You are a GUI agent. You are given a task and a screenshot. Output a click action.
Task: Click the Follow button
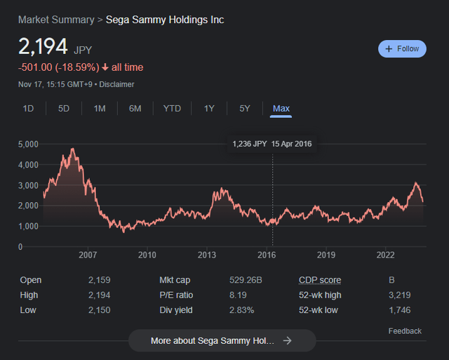click(x=402, y=48)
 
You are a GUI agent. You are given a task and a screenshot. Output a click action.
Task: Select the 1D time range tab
click(x=28, y=108)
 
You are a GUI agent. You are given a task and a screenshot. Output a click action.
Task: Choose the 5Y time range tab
click(x=244, y=108)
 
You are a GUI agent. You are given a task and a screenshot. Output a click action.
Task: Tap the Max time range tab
click(x=281, y=108)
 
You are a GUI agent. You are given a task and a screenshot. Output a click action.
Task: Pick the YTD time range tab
click(x=172, y=108)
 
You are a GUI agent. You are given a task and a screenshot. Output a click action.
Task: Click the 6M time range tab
click(x=135, y=108)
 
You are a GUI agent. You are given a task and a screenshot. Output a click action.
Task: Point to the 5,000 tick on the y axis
click(x=30, y=145)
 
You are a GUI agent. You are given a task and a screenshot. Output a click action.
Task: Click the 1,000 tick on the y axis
click(x=30, y=226)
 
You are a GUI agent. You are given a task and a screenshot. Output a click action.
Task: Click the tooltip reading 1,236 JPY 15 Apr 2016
click(x=272, y=144)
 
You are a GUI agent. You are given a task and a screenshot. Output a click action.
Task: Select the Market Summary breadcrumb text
click(x=56, y=20)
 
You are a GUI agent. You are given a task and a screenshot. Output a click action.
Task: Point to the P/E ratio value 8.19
click(x=239, y=295)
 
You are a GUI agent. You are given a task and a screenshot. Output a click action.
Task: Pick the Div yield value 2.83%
click(x=242, y=309)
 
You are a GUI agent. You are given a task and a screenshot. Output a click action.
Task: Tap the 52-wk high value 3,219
click(x=400, y=295)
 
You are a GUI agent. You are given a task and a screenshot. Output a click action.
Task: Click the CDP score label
click(x=319, y=280)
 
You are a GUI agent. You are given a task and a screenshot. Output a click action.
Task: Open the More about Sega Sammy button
click(x=222, y=340)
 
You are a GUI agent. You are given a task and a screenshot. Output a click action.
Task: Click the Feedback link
click(x=405, y=331)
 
